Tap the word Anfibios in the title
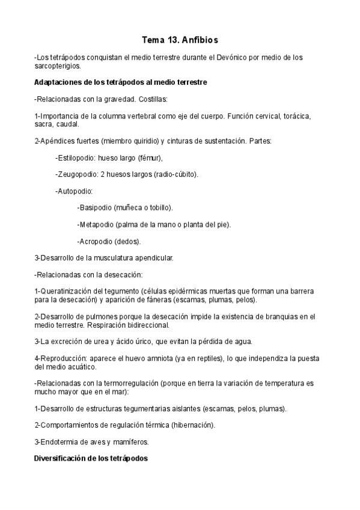(x=199, y=40)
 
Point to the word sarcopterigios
(x=58, y=66)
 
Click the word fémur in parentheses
(x=149, y=158)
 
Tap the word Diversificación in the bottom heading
(x=61, y=458)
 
